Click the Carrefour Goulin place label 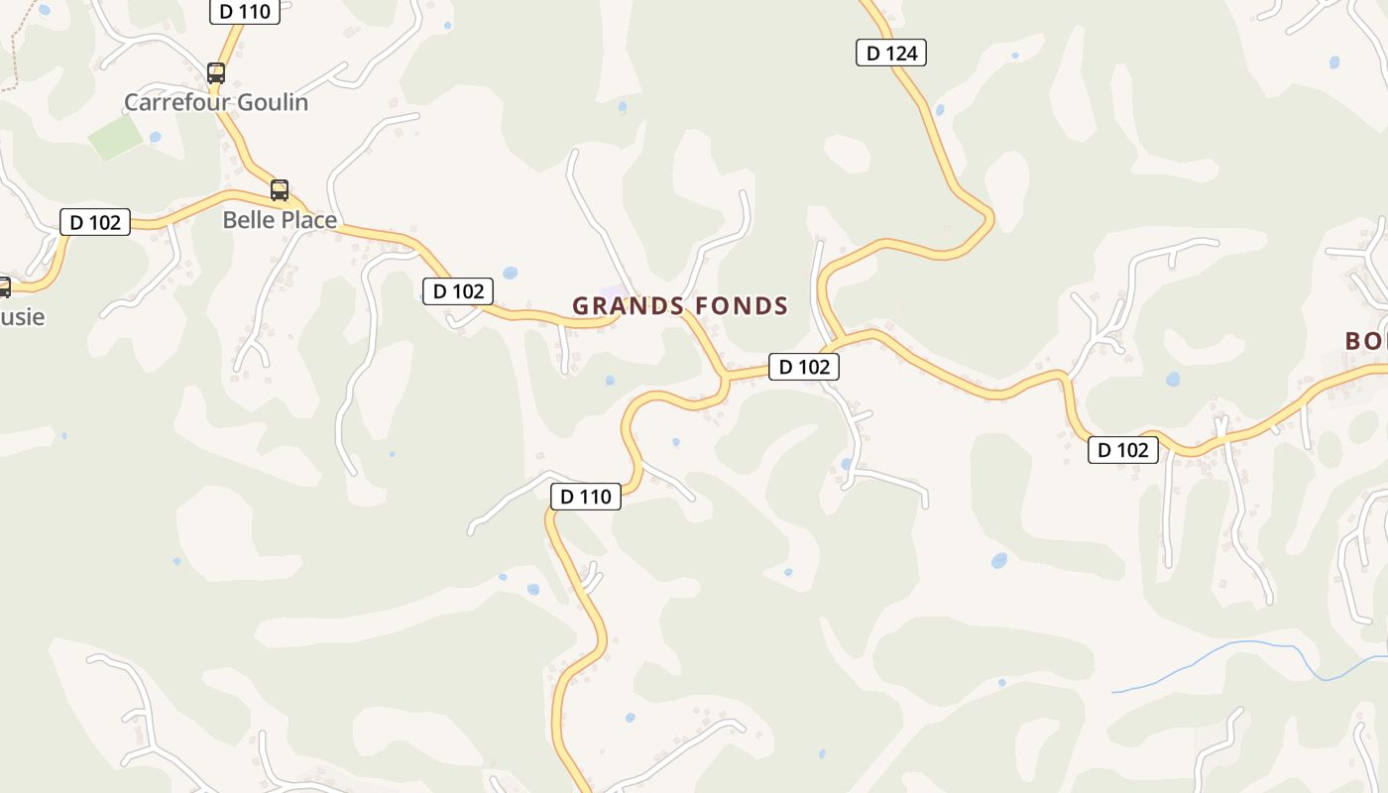tap(216, 102)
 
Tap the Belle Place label tap(280, 219)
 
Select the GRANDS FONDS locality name tap(680, 306)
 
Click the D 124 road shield tap(890, 53)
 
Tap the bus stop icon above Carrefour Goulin tap(215, 72)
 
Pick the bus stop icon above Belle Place tap(280, 189)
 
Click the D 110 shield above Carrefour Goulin tap(245, 11)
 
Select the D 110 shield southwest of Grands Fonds tap(586, 496)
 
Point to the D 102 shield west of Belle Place tap(95, 222)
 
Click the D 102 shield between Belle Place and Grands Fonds tap(458, 291)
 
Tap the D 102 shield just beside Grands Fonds tap(804, 367)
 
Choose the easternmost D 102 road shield tap(1122, 450)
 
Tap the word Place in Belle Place tap(308, 219)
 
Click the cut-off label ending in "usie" tap(22, 317)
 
